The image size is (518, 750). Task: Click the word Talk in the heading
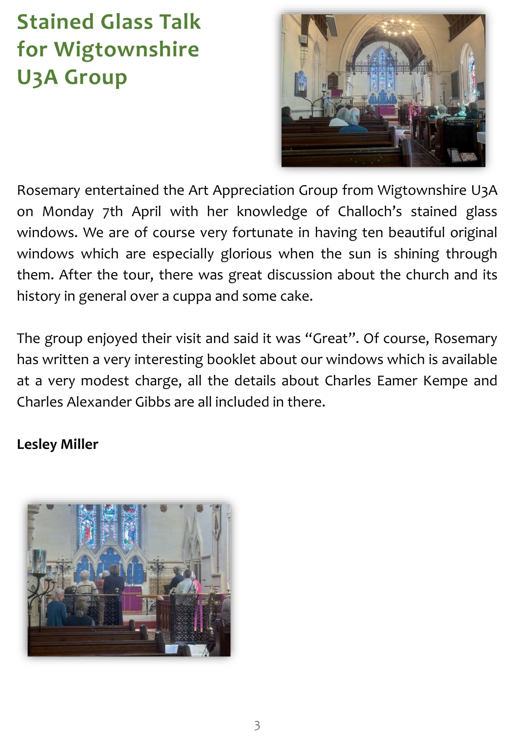pos(177,22)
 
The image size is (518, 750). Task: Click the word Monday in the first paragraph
pos(68,212)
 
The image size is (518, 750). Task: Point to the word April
pos(146,212)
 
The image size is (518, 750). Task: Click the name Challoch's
pos(370,212)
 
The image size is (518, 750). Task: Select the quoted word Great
pos(330,339)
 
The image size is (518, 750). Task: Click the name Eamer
pos(397,381)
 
